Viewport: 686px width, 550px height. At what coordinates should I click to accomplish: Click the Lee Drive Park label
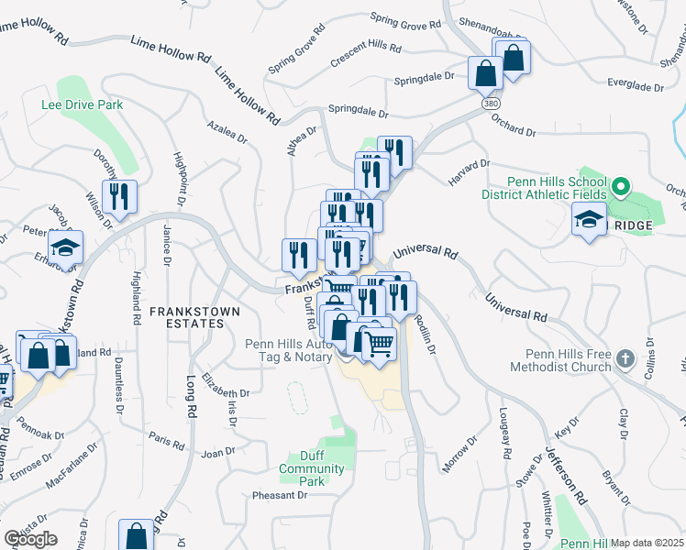point(82,105)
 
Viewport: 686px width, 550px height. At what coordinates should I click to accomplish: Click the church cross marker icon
point(625,358)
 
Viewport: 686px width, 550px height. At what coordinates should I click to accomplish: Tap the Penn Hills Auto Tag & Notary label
point(289,350)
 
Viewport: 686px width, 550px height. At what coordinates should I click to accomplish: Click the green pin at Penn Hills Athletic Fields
point(620,189)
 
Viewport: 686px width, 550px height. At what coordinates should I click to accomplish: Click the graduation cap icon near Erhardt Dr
point(65,248)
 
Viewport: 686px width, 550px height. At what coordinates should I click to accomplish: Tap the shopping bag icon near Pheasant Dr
point(136,536)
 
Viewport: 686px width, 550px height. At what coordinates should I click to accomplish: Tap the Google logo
point(30,539)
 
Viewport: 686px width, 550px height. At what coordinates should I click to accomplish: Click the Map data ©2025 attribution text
point(647,543)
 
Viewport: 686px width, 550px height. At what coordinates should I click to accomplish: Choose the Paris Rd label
point(167,439)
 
